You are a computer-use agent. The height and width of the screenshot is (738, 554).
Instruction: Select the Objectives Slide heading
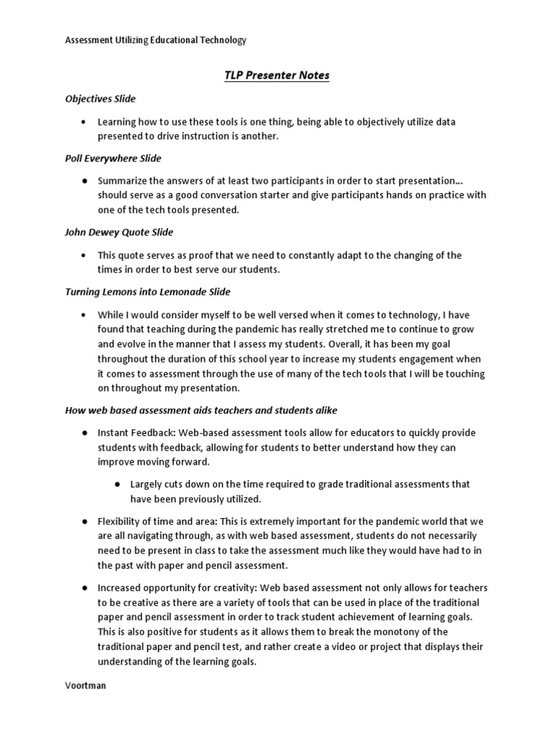100,99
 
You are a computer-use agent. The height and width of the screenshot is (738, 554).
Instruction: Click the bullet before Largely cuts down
117,484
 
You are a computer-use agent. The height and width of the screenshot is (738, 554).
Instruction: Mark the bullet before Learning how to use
84,123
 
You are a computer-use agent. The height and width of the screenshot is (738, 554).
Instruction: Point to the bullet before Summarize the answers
84,181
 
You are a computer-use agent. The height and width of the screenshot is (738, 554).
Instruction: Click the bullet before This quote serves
84,255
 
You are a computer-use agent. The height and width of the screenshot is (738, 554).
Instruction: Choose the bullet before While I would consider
84,315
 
